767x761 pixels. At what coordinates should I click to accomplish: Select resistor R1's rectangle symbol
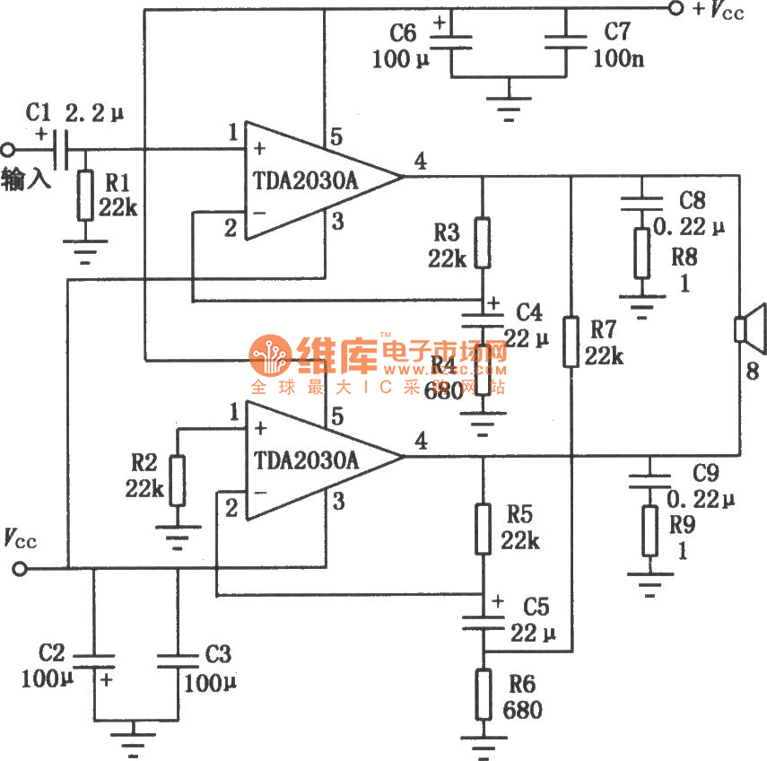coord(84,196)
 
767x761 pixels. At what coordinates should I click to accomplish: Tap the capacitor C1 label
coord(39,113)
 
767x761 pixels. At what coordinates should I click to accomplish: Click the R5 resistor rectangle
coord(484,528)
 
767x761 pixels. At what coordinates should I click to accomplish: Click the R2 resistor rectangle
coord(177,480)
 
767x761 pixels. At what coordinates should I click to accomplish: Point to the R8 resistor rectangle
coord(641,253)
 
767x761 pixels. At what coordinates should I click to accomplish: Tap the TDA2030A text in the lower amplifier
coord(306,461)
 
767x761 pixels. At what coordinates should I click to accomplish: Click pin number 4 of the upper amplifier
coord(420,161)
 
